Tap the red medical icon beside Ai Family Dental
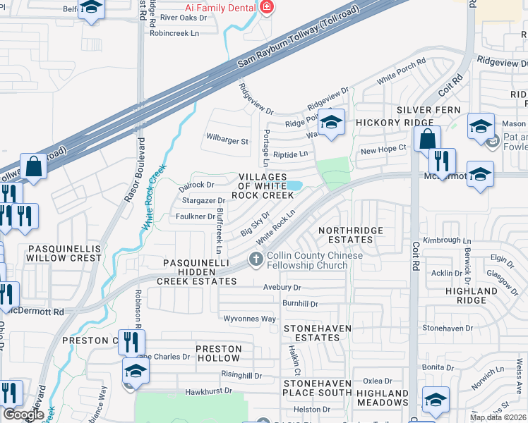point(266,7)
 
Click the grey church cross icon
point(256,261)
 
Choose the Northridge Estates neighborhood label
point(351,235)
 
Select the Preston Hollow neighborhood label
point(219,353)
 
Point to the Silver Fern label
point(428,110)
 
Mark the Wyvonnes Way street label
point(249,319)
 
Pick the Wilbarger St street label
point(227,141)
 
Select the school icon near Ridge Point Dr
point(331,122)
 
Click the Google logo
point(23,415)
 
